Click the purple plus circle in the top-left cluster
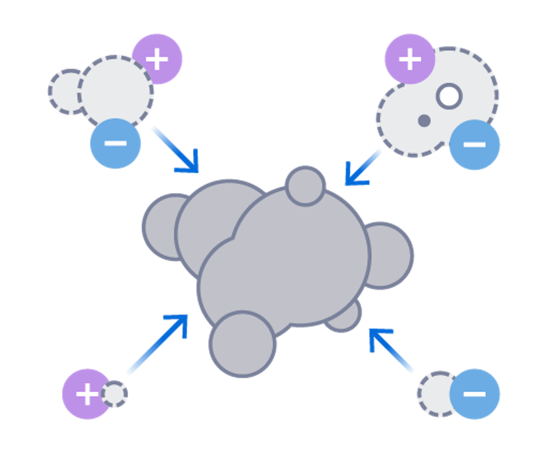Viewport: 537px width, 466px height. click(158, 59)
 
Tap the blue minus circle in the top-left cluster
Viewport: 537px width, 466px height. click(115, 144)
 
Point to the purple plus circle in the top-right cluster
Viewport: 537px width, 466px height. click(409, 59)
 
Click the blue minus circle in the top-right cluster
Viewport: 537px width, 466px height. click(474, 145)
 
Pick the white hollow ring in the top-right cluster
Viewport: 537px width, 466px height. click(449, 96)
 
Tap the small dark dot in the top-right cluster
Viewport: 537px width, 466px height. click(424, 120)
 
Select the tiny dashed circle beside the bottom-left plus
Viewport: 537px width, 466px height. click(115, 394)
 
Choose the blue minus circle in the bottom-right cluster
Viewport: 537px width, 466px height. click(475, 394)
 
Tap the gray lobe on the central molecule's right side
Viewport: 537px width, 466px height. click(392, 255)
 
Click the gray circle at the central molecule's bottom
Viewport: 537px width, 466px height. click(242, 344)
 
